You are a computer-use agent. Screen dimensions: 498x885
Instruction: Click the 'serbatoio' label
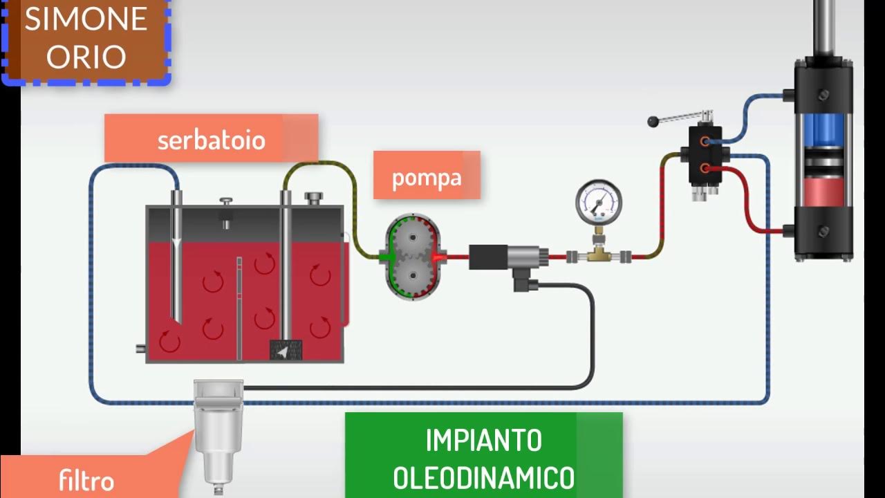[211, 140]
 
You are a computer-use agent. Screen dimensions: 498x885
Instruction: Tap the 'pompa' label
[426, 177]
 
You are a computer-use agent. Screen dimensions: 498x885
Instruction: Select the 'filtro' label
[86, 481]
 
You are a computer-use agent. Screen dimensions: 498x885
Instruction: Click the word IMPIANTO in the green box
[483, 441]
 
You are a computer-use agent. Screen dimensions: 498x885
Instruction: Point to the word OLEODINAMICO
[483, 478]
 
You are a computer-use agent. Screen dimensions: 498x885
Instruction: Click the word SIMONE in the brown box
[86, 19]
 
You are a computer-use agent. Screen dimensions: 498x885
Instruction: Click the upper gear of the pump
[412, 238]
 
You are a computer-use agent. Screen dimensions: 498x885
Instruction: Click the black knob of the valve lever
[652, 122]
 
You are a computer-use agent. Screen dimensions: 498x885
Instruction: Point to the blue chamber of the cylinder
[823, 129]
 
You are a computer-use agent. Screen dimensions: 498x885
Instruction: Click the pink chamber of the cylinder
[823, 190]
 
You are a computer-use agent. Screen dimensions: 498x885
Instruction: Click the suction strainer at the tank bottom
[285, 351]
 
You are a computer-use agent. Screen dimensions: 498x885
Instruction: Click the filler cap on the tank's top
[314, 199]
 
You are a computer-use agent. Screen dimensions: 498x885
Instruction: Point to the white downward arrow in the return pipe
[177, 243]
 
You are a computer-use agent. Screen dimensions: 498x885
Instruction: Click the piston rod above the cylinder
[823, 28]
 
